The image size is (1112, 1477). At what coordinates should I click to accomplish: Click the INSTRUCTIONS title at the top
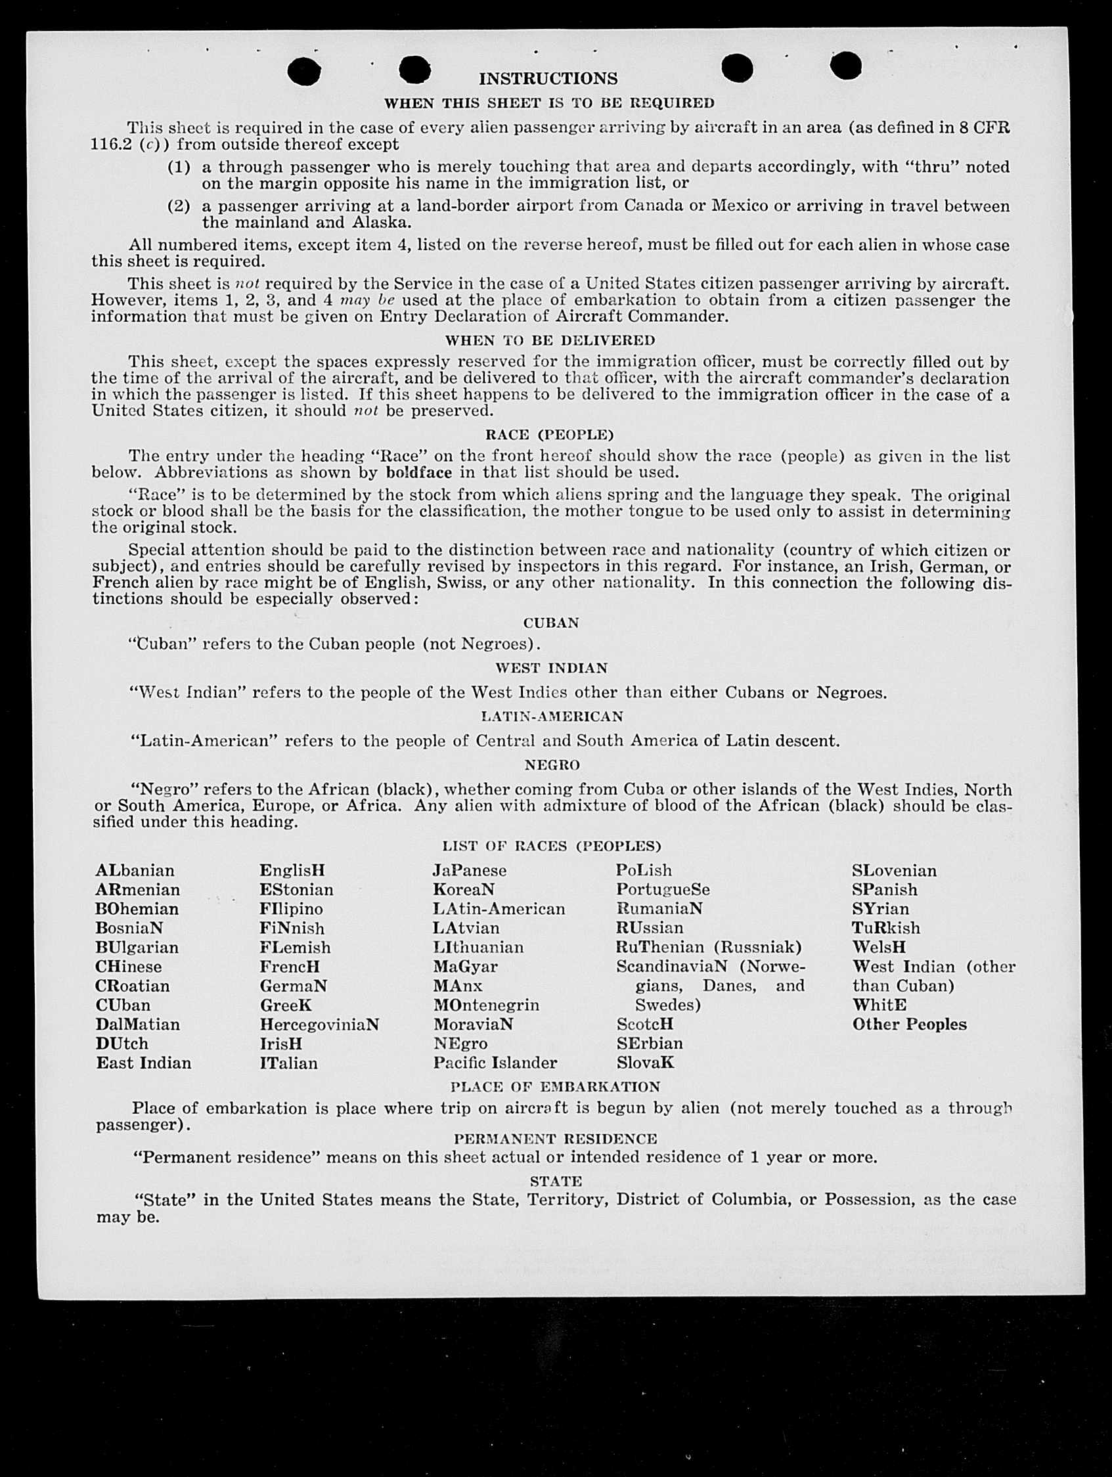pos(548,79)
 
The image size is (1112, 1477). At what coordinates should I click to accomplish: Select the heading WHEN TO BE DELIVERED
pos(550,341)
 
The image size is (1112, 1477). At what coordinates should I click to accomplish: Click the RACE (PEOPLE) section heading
pos(549,435)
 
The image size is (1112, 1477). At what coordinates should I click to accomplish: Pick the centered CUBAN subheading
pos(551,623)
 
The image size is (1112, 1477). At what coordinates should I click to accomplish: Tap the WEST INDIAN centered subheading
pos(551,669)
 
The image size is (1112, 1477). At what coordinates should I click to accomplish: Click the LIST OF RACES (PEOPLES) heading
pos(551,847)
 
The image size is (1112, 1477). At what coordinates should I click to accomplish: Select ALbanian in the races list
pos(135,871)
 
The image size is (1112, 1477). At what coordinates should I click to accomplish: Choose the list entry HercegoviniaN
pos(319,1025)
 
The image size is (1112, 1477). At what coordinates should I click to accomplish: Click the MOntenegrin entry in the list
pos(485,1005)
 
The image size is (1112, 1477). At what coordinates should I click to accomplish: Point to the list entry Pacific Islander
pos(495,1063)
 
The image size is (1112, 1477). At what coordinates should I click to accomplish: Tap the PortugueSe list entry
pos(663,890)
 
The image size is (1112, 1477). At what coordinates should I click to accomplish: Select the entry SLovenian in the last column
pos(894,871)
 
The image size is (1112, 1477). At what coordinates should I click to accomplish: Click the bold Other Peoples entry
pos(909,1025)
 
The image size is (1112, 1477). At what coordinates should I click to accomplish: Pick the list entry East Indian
pos(144,1063)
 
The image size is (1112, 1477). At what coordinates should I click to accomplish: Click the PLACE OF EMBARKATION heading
pos(555,1087)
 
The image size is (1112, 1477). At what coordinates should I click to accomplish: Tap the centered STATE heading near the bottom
pos(556,1181)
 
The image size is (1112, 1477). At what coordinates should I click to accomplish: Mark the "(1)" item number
pos(178,167)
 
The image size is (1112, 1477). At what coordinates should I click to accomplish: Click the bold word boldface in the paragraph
pos(419,473)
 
